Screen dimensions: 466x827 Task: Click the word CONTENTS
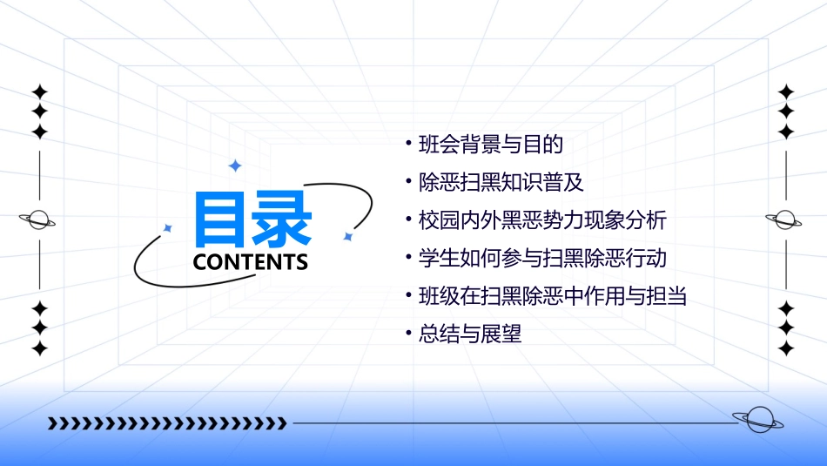(251, 262)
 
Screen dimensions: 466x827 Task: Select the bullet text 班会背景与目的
(491, 144)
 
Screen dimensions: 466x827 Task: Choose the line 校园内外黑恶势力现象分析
(542, 219)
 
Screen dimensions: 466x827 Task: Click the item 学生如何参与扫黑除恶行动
(542, 258)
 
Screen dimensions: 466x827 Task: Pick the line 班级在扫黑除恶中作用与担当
(553, 296)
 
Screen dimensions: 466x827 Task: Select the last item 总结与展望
(470, 334)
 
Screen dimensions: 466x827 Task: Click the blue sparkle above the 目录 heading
(234, 165)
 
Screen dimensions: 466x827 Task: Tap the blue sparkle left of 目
(168, 228)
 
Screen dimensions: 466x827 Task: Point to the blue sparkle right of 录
(347, 236)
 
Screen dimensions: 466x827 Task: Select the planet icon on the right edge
(786, 220)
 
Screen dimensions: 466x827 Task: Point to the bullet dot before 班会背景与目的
(408, 141)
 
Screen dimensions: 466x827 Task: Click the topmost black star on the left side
(39, 91)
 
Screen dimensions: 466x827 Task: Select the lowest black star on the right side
(786, 348)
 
